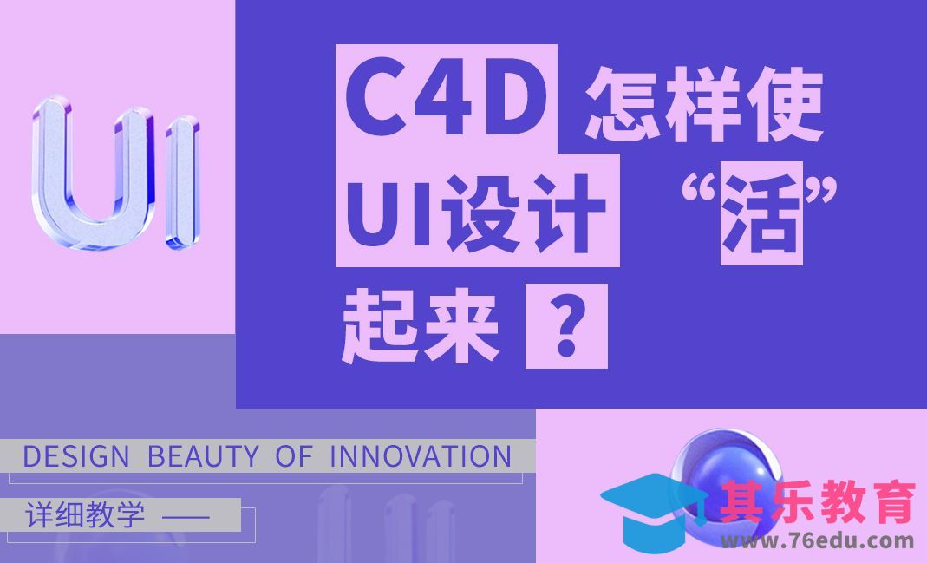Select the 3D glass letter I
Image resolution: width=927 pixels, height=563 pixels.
[183, 178]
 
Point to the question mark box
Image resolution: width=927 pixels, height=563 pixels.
[566, 330]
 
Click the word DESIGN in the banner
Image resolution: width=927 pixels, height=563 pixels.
[75, 456]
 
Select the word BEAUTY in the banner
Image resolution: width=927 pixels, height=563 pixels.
[203, 456]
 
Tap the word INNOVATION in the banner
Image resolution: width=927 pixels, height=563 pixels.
[421, 456]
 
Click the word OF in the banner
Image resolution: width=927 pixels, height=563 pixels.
[293, 456]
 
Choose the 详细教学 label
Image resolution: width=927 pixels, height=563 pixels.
[85, 515]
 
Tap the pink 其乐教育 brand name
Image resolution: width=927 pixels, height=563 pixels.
[818, 502]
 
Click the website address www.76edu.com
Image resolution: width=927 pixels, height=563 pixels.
[817, 541]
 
